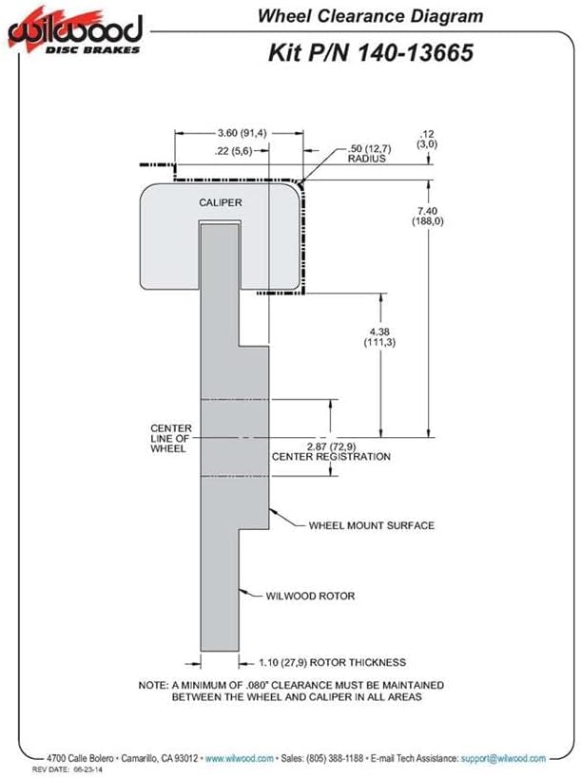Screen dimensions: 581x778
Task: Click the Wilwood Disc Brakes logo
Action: (75, 30)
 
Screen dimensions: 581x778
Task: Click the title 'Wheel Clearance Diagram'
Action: (371, 16)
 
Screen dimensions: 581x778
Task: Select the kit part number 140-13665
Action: (415, 52)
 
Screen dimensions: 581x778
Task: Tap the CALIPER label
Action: (221, 202)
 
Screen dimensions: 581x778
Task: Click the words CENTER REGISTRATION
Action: (331, 457)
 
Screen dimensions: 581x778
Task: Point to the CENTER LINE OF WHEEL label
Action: (171, 438)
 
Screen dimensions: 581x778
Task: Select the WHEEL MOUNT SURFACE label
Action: (372, 525)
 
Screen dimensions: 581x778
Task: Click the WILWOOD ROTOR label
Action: (310, 596)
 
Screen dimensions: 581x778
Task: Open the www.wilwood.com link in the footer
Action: (240, 759)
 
